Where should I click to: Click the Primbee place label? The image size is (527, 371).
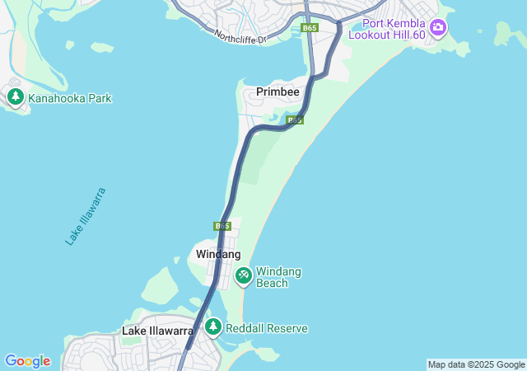click(x=277, y=92)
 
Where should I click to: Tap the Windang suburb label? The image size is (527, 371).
click(x=218, y=254)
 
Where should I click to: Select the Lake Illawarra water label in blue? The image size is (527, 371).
click(x=86, y=216)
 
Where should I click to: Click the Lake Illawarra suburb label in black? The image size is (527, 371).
click(x=157, y=331)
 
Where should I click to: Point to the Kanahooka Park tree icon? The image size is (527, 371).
click(x=15, y=97)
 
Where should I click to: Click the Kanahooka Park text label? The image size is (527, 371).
click(x=69, y=99)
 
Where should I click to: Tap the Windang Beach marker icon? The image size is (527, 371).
click(x=244, y=275)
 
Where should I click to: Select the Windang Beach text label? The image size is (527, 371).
click(x=278, y=277)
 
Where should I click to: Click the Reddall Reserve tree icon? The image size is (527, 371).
click(x=213, y=327)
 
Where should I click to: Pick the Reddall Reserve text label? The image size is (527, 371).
click(x=266, y=328)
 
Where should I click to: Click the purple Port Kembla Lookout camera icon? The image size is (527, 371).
click(x=438, y=28)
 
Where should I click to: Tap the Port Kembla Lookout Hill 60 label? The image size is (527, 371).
click(x=398, y=28)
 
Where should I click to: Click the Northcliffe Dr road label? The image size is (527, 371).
click(x=240, y=37)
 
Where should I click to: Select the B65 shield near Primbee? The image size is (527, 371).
click(x=295, y=120)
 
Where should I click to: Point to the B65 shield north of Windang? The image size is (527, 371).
click(x=222, y=226)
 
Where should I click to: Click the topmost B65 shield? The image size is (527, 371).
click(x=309, y=28)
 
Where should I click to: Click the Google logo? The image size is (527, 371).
click(x=27, y=361)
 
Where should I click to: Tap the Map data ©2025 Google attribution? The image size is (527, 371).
click(x=476, y=364)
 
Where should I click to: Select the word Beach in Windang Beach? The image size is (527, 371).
click(x=272, y=283)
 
